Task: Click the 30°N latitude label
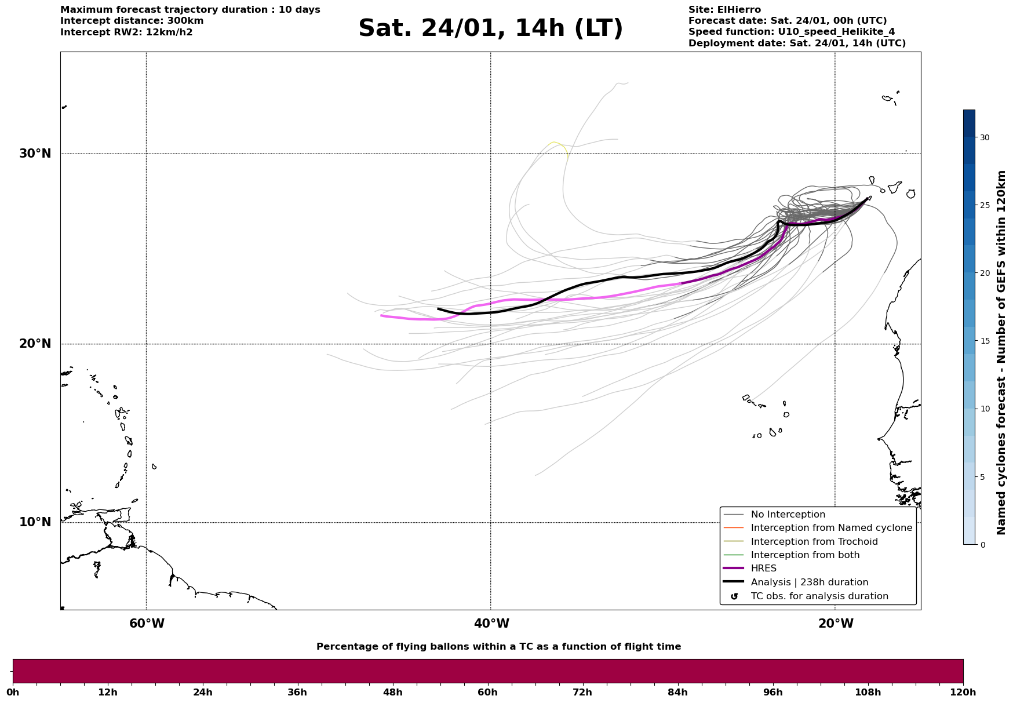(x=35, y=154)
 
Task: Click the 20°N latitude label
(x=35, y=344)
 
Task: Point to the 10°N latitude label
(x=35, y=522)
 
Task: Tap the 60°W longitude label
(x=147, y=624)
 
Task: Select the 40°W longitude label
(x=491, y=624)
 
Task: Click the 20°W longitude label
(x=836, y=624)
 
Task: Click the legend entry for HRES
(x=763, y=569)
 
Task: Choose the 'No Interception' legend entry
(x=788, y=515)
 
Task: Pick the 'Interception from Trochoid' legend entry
(x=814, y=542)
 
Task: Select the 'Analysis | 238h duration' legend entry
(x=809, y=582)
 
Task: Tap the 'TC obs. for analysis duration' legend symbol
(x=734, y=596)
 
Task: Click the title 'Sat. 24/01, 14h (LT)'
(x=490, y=28)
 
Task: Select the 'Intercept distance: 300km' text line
(x=132, y=21)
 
